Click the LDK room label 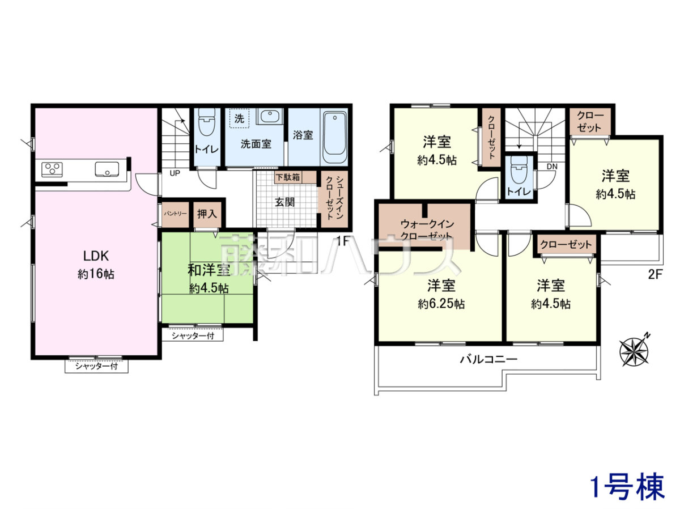tap(96, 256)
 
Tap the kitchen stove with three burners tap(52, 169)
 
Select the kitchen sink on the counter tap(107, 169)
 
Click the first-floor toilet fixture tap(207, 122)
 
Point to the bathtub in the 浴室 tap(334, 137)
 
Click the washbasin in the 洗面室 tap(270, 116)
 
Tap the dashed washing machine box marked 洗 tap(240, 118)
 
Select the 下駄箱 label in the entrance tap(288, 177)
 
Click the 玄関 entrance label tap(284, 202)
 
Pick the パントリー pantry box tap(175, 214)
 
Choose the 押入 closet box tap(207, 214)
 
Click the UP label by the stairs tap(175, 173)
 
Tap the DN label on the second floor tap(552, 167)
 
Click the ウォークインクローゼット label tap(427, 229)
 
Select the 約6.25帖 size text tap(441, 304)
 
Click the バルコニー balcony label tap(488, 359)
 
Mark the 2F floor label tap(655, 274)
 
